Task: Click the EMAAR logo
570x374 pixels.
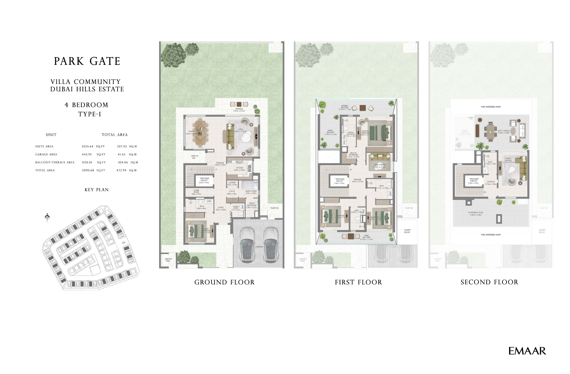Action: (527, 351)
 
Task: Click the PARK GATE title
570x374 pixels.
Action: (87, 61)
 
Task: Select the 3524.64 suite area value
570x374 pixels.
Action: (88, 146)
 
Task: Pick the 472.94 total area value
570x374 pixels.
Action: (121, 170)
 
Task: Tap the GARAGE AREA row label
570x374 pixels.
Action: (46, 154)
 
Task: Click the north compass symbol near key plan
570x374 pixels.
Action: (47, 217)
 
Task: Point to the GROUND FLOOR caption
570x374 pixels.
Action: (224, 282)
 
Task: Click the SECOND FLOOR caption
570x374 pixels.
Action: (489, 282)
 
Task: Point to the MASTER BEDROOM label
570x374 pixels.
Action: (365, 132)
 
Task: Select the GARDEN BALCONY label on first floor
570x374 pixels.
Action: (345, 107)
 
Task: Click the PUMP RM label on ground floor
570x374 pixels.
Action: (274, 208)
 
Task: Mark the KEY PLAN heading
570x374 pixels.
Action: (96, 190)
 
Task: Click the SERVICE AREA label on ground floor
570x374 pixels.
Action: (168, 260)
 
